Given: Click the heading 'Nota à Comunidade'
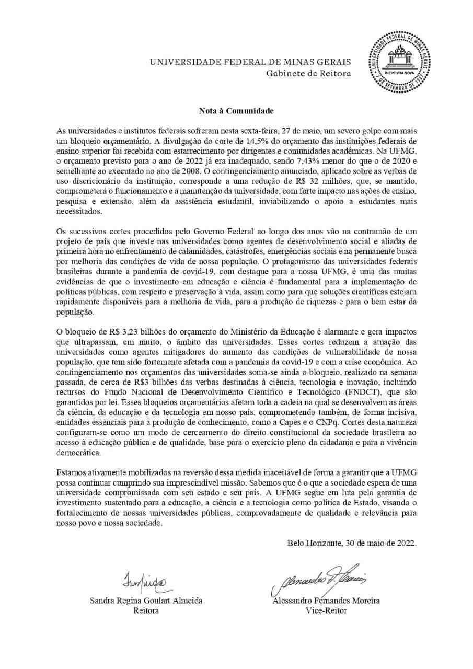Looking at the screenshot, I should (x=236, y=111).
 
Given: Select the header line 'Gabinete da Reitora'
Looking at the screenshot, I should (x=308, y=73).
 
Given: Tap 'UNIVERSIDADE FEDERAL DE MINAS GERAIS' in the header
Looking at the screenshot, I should (x=251, y=62).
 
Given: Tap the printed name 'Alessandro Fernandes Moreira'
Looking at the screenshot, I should (x=326, y=601).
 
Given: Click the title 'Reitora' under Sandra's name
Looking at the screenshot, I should (x=146, y=610).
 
